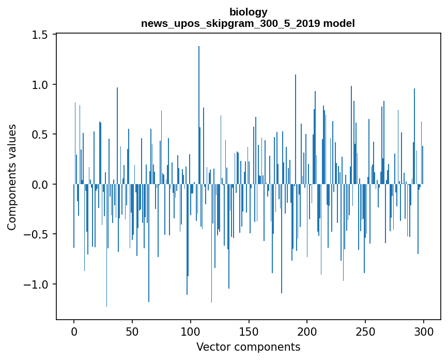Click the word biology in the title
[248, 12]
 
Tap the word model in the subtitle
[343, 23]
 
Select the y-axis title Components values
[12, 177]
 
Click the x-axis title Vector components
[248, 347]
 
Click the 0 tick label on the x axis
[74, 331]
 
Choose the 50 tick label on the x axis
[132, 331]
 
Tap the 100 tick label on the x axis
[191, 331]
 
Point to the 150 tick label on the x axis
[249, 331]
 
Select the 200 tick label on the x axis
[307, 331]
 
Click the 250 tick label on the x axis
[365, 331]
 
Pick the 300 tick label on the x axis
[424, 331]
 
